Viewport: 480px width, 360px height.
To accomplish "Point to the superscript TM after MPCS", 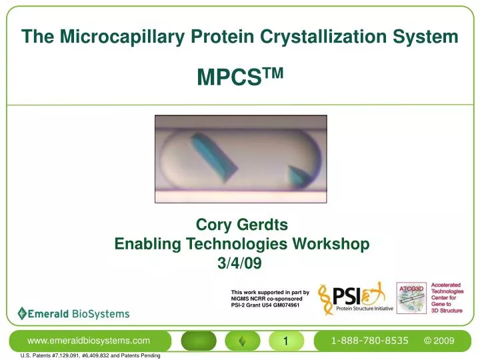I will click(273, 73).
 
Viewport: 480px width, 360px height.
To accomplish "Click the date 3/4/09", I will click(240, 263).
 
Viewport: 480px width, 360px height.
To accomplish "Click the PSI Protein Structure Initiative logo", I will click(353, 298).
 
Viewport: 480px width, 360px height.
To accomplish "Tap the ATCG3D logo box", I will click(411, 297).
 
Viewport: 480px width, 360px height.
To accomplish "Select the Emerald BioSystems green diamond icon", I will click(22, 313).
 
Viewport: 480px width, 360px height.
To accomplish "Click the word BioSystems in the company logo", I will click(101, 313).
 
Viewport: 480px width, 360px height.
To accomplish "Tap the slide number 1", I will click(285, 341).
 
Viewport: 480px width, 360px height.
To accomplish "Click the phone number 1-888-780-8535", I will click(369, 341).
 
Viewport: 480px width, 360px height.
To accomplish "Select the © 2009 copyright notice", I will click(439, 341).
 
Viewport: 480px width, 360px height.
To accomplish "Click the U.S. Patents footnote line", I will click(91, 355).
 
